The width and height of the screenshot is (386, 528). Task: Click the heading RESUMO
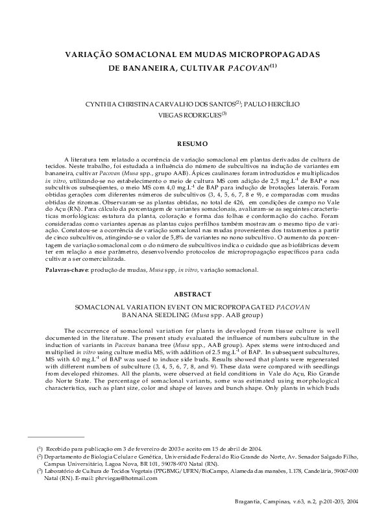[193, 143]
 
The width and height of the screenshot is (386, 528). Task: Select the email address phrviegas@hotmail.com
[130, 478]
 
